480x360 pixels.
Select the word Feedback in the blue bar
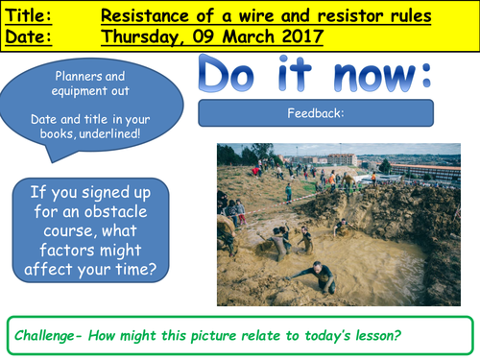tap(313, 113)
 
